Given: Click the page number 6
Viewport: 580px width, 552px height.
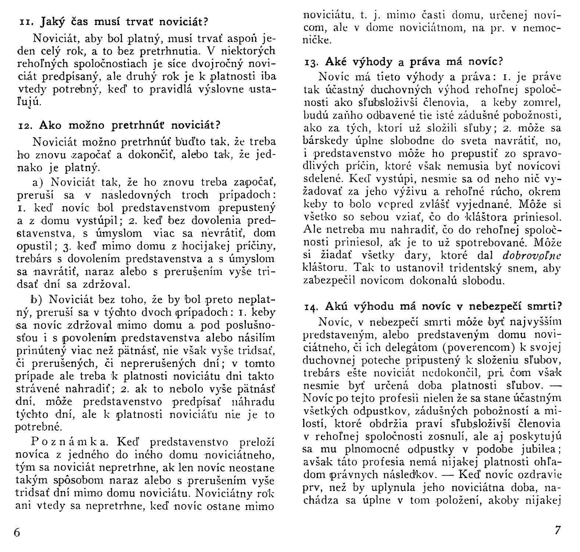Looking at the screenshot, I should pos(17,532).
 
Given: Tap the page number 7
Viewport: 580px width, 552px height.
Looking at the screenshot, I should pos(558,530).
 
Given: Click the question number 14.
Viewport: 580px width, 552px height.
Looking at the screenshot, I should pos(312,307).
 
